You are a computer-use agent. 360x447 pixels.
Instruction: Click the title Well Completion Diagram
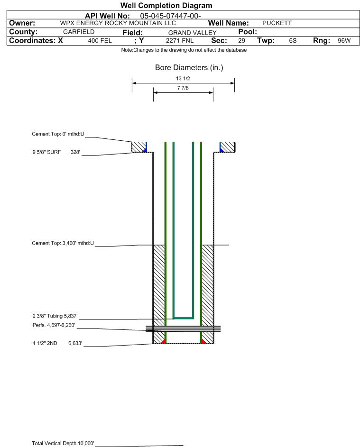pos(166,6)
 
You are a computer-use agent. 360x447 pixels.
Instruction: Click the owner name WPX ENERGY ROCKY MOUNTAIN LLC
pos(118,23)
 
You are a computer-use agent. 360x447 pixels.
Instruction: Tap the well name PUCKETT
pos(277,23)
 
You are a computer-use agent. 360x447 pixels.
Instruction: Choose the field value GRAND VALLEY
pos(192,32)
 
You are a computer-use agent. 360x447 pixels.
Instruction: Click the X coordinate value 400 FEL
pos(100,41)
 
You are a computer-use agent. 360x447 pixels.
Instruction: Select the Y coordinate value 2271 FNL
pos(178,41)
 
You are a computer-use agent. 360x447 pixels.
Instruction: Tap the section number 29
pos(241,41)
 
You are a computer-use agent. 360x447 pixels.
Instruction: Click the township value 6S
pos(293,41)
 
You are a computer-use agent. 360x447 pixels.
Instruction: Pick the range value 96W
pos(344,41)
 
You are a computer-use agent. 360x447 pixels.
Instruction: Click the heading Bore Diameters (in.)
pos(189,68)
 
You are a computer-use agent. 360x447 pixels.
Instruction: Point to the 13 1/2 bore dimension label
pos(183,79)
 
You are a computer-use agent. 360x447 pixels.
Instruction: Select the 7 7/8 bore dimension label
pos(183,88)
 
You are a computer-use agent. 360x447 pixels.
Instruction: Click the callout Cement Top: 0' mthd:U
pos(58,134)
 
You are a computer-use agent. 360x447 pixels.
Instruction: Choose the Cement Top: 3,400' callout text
pos(63,243)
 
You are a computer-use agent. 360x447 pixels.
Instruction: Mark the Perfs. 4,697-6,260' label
pos(54,326)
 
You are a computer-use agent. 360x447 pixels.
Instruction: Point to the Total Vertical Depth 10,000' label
pos(63,443)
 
